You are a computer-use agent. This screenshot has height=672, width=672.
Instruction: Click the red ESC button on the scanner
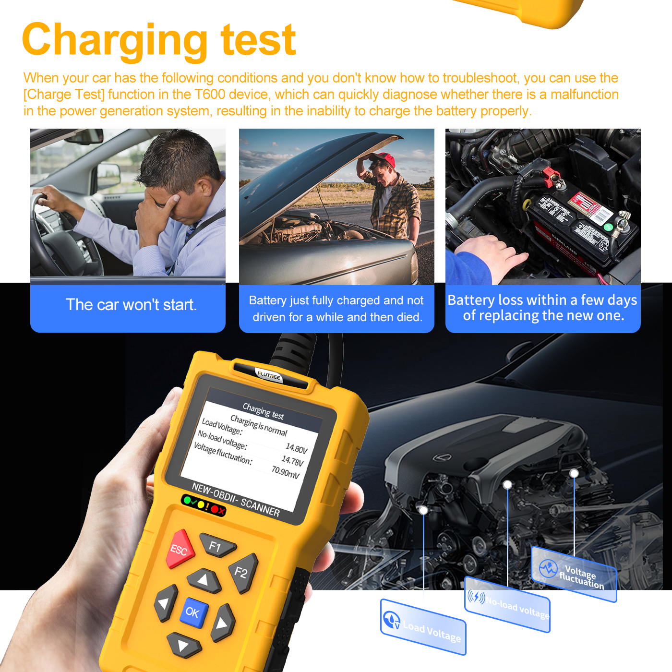(180, 549)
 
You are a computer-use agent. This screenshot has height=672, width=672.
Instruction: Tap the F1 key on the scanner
(216, 546)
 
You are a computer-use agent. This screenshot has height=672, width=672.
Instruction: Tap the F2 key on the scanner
(242, 572)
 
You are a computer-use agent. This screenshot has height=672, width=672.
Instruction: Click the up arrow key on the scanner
(204, 580)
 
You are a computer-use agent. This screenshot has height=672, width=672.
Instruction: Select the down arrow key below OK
(183, 646)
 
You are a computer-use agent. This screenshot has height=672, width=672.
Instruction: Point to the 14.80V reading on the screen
(296, 448)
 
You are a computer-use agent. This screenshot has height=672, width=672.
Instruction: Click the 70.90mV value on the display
(285, 472)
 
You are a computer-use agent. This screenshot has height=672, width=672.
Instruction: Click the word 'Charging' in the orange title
(114, 40)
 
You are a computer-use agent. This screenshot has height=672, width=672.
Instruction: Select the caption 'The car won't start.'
(131, 305)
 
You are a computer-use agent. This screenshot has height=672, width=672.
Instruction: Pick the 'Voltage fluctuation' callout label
(574, 574)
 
